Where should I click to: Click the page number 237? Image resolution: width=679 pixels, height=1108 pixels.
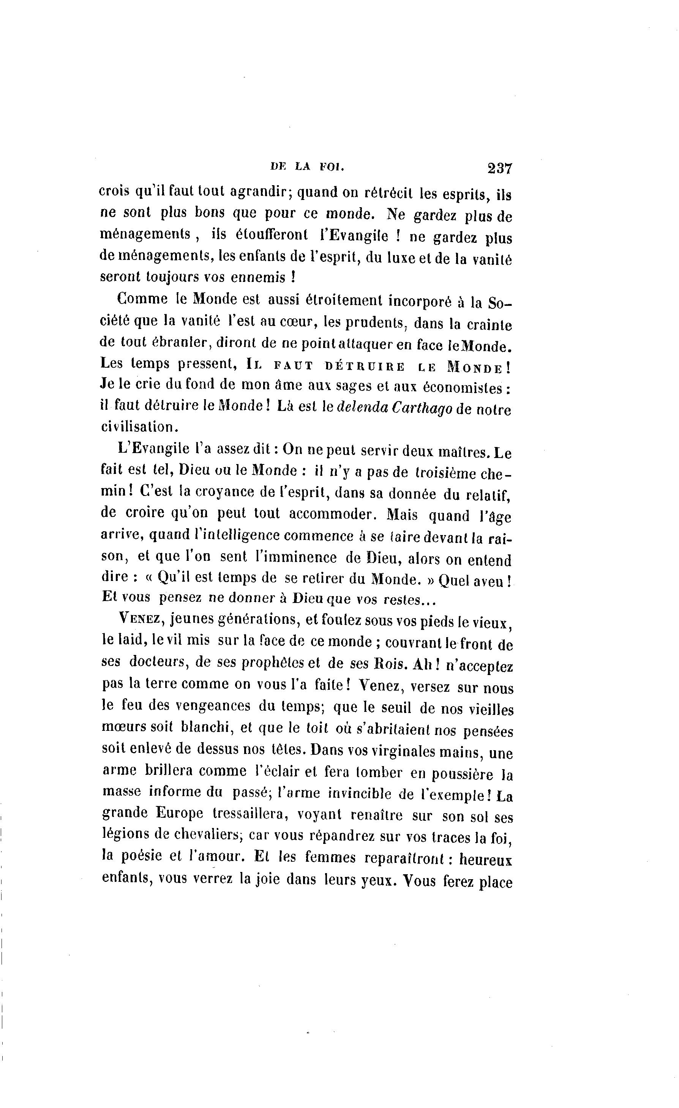tap(499, 168)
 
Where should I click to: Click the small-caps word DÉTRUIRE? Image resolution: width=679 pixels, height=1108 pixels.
tap(365, 367)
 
